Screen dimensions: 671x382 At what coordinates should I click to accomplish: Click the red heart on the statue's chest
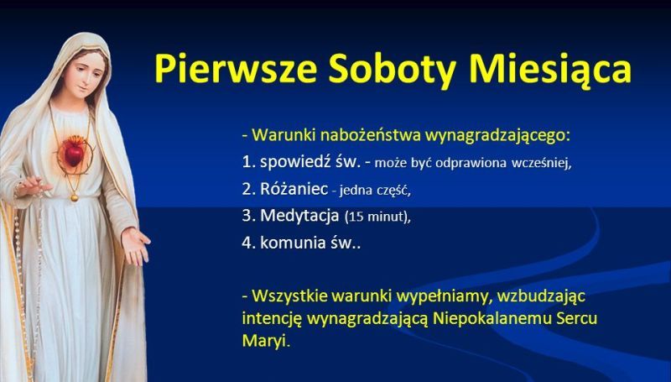pyautogui.click(x=74, y=154)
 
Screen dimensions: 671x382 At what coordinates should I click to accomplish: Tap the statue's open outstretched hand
pyautogui.click(x=135, y=244)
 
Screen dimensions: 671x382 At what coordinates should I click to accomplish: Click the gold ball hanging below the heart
pyautogui.click(x=75, y=197)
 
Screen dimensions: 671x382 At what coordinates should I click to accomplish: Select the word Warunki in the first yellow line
pyautogui.click(x=283, y=135)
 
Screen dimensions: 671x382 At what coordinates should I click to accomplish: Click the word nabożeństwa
pyautogui.click(x=371, y=136)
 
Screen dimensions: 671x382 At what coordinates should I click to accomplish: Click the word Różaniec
pyautogui.click(x=294, y=189)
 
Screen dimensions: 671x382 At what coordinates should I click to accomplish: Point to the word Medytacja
pyautogui.click(x=299, y=216)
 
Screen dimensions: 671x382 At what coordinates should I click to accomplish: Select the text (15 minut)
pyautogui.click(x=377, y=217)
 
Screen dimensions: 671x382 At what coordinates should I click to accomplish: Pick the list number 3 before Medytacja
pyautogui.click(x=246, y=216)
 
